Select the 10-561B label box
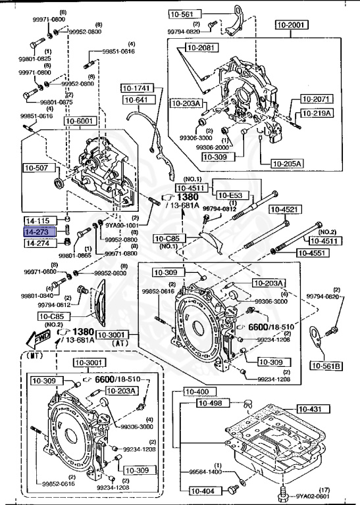(327, 366)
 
